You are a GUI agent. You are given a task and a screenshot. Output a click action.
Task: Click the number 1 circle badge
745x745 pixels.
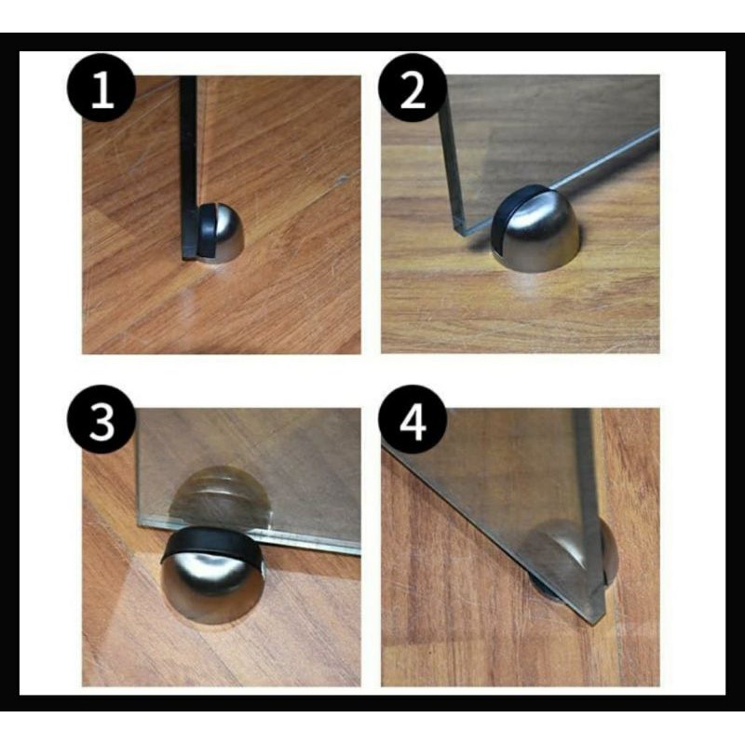pyautogui.click(x=102, y=88)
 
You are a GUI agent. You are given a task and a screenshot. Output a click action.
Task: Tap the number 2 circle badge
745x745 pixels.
pyautogui.click(x=413, y=88)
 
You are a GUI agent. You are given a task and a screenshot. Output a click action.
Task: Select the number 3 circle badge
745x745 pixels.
pyautogui.click(x=102, y=420)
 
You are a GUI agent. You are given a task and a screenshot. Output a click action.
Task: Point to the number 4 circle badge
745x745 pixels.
pyautogui.click(x=413, y=420)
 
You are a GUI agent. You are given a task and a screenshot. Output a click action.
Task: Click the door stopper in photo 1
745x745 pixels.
pyautogui.click(x=221, y=233)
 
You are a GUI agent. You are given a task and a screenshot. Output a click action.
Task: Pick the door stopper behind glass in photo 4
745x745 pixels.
pyautogui.click(x=570, y=558)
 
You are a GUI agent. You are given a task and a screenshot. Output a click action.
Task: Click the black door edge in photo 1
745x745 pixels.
pyautogui.click(x=189, y=168)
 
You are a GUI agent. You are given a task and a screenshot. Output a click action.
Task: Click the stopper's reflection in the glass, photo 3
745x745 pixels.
pyautogui.click(x=220, y=496)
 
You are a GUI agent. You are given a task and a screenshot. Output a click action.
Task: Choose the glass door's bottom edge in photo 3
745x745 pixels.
pyautogui.click(x=249, y=535)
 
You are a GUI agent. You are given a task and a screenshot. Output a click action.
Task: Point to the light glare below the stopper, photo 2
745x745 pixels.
pyautogui.click(x=523, y=286)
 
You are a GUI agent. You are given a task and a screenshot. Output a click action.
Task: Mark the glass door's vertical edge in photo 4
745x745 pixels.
pyautogui.click(x=590, y=513)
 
